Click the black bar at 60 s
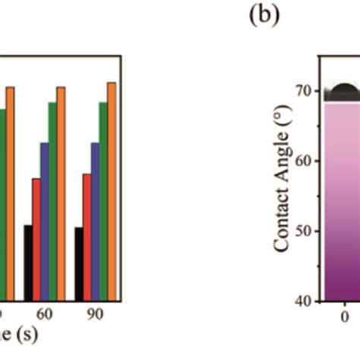coord(28,263)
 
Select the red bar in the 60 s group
coord(36,239)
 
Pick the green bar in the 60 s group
coord(53,201)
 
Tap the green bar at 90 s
coord(104,201)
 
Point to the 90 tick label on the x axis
coord(96,314)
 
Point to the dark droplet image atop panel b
coord(342,93)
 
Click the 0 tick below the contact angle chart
coord(344,318)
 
